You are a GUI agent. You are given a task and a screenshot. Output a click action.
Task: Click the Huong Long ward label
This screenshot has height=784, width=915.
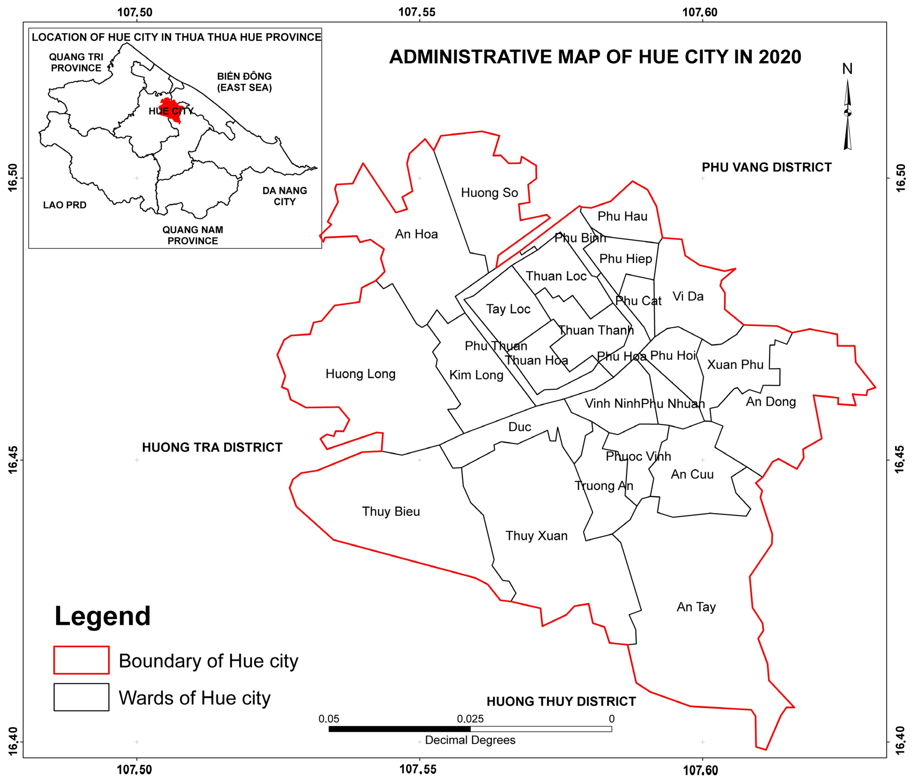click(x=360, y=374)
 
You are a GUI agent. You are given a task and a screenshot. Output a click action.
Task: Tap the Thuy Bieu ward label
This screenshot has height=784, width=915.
click(x=391, y=512)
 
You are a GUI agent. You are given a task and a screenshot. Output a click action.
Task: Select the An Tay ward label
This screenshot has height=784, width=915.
click(x=696, y=607)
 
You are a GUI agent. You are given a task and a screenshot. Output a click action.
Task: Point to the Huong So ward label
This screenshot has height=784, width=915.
click(x=489, y=193)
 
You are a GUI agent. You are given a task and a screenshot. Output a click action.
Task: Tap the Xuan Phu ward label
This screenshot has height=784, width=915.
click(x=735, y=365)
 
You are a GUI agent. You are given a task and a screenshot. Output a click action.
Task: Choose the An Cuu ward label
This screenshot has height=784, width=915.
click(x=692, y=474)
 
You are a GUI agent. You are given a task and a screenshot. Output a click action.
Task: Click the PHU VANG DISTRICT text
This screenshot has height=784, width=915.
click(x=767, y=167)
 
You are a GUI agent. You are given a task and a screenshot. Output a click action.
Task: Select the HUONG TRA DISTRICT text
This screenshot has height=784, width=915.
click(x=212, y=448)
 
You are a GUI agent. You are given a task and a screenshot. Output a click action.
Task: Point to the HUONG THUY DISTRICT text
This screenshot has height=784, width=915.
click(x=561, y=701)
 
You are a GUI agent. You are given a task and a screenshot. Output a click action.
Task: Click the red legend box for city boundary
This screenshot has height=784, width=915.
click(x=81, y=660)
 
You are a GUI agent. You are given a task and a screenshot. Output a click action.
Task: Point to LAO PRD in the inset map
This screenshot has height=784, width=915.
click(x=64, y=205)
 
